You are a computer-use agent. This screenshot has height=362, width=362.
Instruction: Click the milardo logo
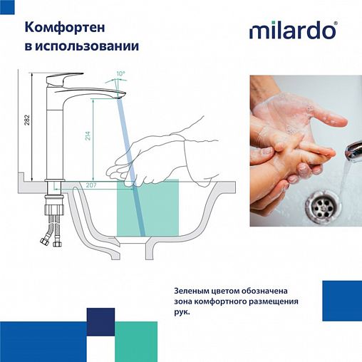click(x=293, y=31)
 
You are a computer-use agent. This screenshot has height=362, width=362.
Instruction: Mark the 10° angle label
click(x=120, y=74)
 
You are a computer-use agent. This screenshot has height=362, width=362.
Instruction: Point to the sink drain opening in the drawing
click(x=144, y=246)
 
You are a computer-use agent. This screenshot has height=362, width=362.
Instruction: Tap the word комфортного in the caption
click(x=217, y=301)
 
